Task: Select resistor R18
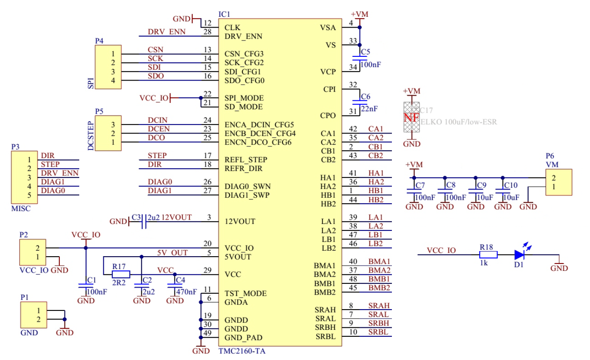[488, 254]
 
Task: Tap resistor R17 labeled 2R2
[121, 274]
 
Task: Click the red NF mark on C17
[411, 118]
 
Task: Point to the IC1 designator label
[224, 14]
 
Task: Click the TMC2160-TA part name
[242, 351]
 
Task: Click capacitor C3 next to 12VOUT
[143, 221]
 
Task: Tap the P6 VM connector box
[559, 183]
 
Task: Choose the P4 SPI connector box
[108, 67]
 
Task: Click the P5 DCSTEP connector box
[108, 133]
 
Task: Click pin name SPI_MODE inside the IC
[244, 98]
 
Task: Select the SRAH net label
[379, 306]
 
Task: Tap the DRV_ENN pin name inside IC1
[243, 36]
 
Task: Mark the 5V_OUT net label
[172, 253]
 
